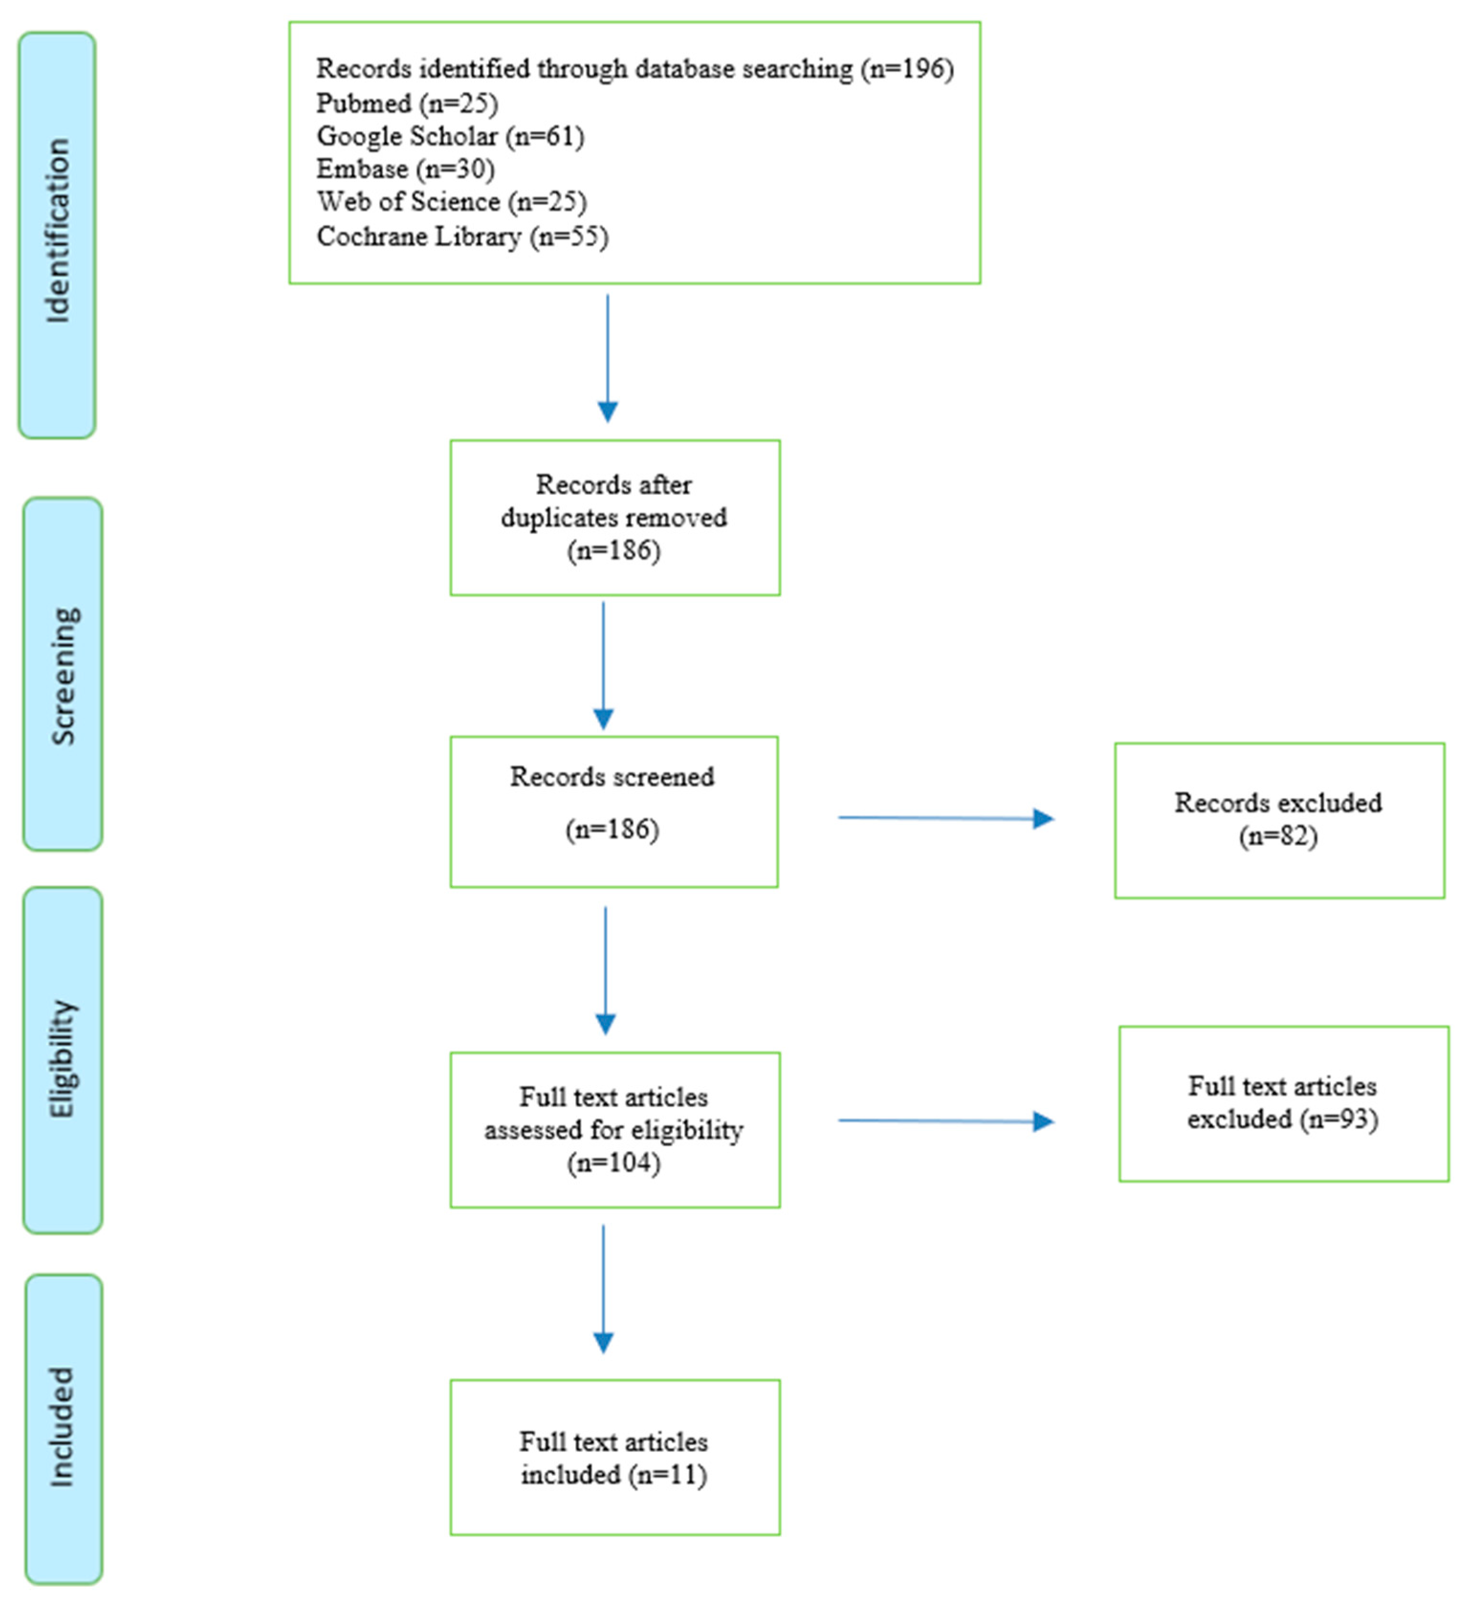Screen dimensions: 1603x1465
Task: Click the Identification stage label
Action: click(57, 232)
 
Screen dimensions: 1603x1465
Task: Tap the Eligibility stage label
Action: click(63, 1059)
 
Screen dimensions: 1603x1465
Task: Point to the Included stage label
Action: click(63, 1427)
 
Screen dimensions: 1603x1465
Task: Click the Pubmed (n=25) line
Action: click(406, 103)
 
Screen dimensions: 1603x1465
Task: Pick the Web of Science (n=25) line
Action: click(451, 202)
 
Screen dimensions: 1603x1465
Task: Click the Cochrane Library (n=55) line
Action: click(462, 236)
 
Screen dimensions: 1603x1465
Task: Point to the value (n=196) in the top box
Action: click(907, 69)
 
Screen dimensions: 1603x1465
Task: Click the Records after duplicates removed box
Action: click(614, 517)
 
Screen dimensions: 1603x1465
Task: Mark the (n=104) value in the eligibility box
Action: click(613, 1164)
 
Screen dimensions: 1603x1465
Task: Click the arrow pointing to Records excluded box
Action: click(945, 818)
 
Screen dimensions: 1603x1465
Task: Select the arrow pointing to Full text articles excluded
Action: click(945, 1121)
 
